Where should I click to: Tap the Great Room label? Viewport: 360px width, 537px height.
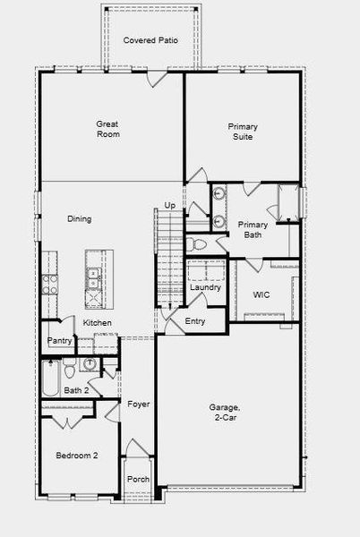tap(108, 129)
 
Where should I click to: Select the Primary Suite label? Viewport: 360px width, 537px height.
tap(242, 132)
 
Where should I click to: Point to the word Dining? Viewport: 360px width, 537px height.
tap(80, 219)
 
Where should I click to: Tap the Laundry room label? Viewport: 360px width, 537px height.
tap(205, 287)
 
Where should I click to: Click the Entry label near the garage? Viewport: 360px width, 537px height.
tap(194, 321)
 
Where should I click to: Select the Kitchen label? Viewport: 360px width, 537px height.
tap(98, 322)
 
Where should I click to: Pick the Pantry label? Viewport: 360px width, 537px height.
tap(59, 341)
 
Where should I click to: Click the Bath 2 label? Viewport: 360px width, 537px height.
tap(76, 390)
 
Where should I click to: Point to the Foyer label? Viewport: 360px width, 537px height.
tap(138, 405)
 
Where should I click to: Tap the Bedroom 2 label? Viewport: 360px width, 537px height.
tap(77, 456)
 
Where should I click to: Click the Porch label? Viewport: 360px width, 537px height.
tap(138, 479)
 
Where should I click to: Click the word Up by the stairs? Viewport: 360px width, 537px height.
tap(169, 207)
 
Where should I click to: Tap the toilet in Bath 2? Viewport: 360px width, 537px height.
tap(67, 369)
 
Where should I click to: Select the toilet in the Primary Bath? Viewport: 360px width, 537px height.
tap(200, 243)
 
